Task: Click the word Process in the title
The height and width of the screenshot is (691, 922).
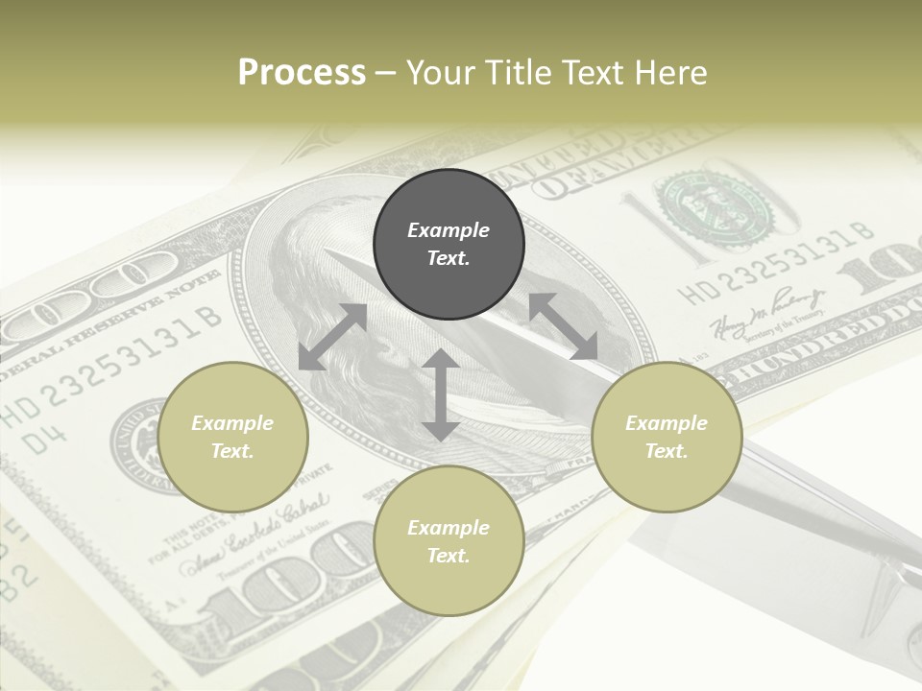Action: pos(302,73)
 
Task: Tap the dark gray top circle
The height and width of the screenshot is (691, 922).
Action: pos(449,245)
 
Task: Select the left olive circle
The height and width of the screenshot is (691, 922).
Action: pos(232,437)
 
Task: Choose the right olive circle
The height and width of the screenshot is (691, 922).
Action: pos(667,437)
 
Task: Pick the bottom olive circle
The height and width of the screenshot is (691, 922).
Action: pos(449,541)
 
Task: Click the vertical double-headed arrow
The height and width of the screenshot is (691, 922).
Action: pos(441,394)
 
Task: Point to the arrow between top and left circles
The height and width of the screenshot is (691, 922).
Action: pos(332,337)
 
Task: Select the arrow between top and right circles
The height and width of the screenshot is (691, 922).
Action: pos(563,326)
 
